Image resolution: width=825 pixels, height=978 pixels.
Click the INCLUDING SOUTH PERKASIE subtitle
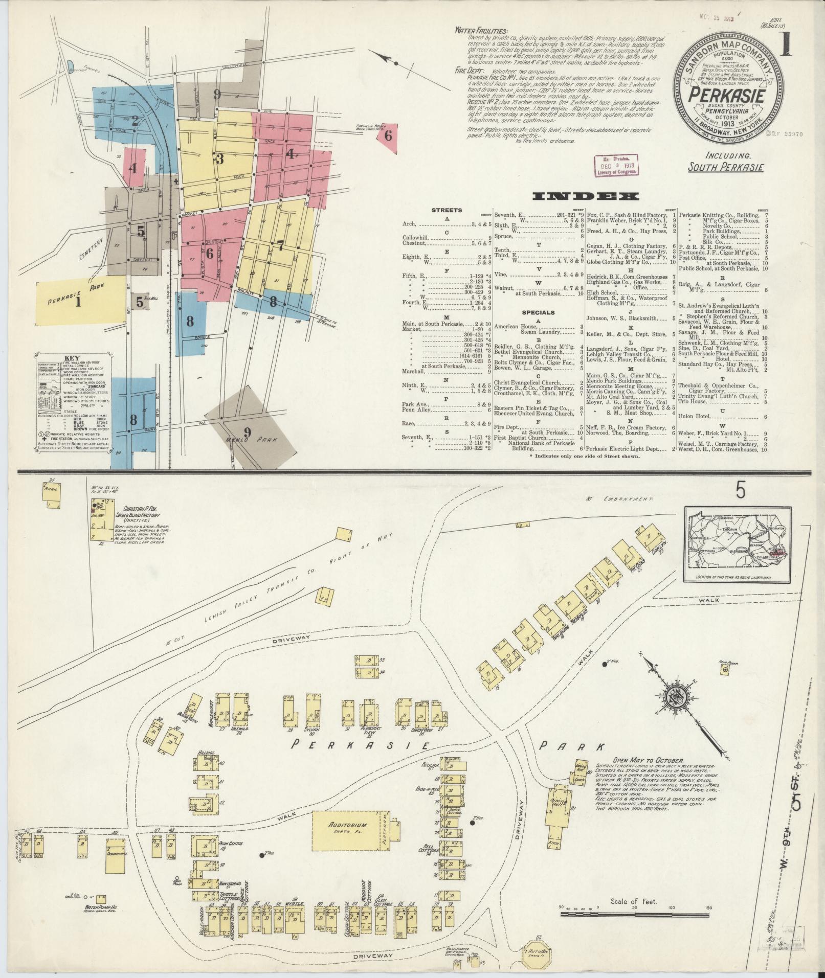[726, 162]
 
